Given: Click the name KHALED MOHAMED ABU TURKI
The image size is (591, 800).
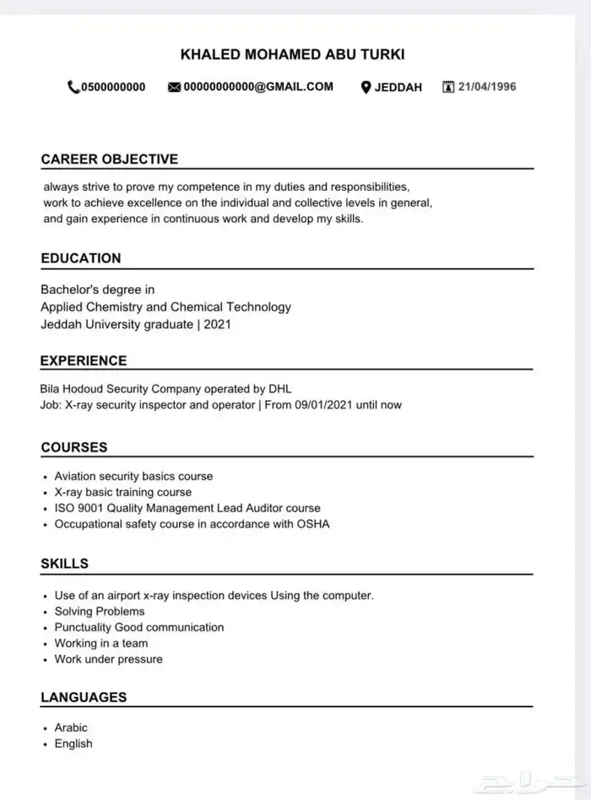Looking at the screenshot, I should pos(292,55).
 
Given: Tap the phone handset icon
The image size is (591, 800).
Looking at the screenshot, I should pos(73,87).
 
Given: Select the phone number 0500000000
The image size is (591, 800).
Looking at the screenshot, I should pos(113,87).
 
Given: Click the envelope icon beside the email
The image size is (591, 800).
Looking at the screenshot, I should pos(175,87).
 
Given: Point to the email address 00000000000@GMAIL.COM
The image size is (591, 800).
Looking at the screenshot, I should pos(258,87).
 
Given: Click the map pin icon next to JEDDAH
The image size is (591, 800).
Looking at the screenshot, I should pos(366,87).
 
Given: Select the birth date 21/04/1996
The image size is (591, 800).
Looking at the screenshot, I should pos(487,87).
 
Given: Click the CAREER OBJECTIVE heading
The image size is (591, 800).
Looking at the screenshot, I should pos(110,159).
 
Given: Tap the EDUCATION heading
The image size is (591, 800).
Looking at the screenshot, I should pos(81,258).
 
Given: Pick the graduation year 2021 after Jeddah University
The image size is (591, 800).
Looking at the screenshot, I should pos(217,324).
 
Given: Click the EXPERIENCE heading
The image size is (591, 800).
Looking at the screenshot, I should pos(84,360).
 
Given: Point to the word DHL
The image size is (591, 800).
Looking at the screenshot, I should pos(279,389).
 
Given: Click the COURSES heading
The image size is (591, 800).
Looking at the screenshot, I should pos(74,447).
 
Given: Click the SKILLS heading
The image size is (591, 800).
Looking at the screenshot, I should pos(64,563).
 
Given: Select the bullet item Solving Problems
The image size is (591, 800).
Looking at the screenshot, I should pos(100,611).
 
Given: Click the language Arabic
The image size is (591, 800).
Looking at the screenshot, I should pos(71,727).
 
